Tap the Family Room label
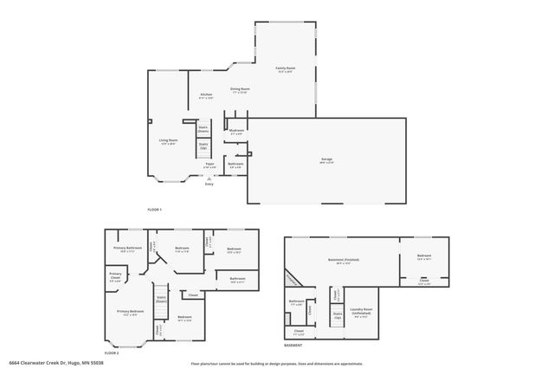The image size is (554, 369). pyautogui.click(x=285, y=69)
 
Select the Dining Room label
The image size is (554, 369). pyautogui.click(x=240, y=90)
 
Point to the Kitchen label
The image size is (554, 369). pyautogui.click(x=206, y=95)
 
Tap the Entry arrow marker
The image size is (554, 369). pyautogui.click(x=208, y=177)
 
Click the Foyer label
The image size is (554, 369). pyautogui.click(x=209, y=165)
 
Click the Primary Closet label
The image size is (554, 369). pyautogui.click(x=114, y=278)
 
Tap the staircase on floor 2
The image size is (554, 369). pyautogui.click(x=161, y=301)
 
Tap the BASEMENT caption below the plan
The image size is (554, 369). pyautogui.click(x=293, y=346)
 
